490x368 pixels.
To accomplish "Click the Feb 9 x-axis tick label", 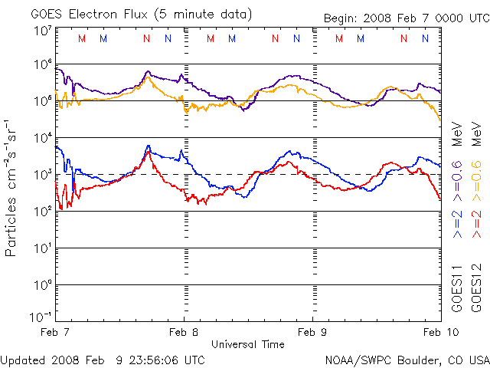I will [x=312, y=332].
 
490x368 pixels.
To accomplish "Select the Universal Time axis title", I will [x=247, y=344].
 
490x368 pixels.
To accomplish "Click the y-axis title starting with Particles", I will [x=12, y=188].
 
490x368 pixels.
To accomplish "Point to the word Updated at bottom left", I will [x=22, y=359].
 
